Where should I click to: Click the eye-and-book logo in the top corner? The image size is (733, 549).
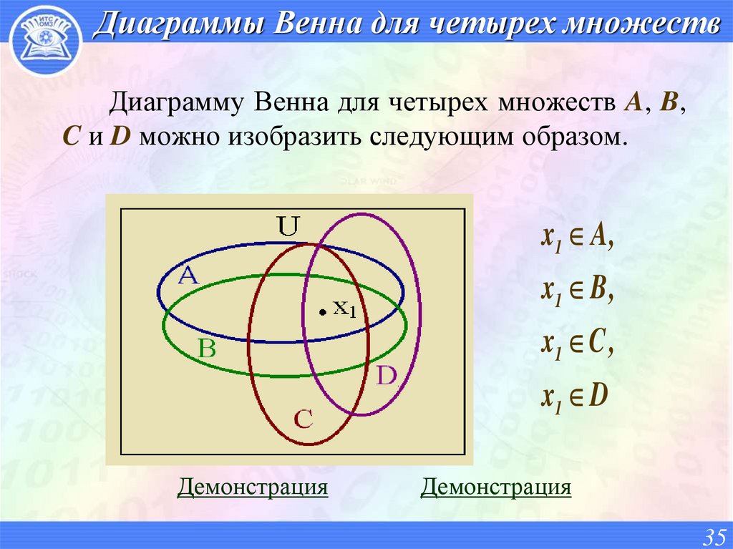tap(44, 39)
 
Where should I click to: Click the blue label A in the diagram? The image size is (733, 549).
tap(188, 276)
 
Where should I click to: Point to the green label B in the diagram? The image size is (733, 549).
tap(206, 349)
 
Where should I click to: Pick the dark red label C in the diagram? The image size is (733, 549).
tap(304, 419)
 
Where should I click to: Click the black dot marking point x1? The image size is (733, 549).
tap(323, 311)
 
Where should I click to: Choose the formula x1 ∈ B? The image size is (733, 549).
tap(577, 291)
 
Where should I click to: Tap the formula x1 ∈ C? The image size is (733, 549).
tap(577, 344)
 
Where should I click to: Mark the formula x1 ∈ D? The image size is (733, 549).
tap(575, 396)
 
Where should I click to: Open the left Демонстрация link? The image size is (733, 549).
tap(253, 488)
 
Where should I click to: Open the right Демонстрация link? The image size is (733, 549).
tap(496, 488)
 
